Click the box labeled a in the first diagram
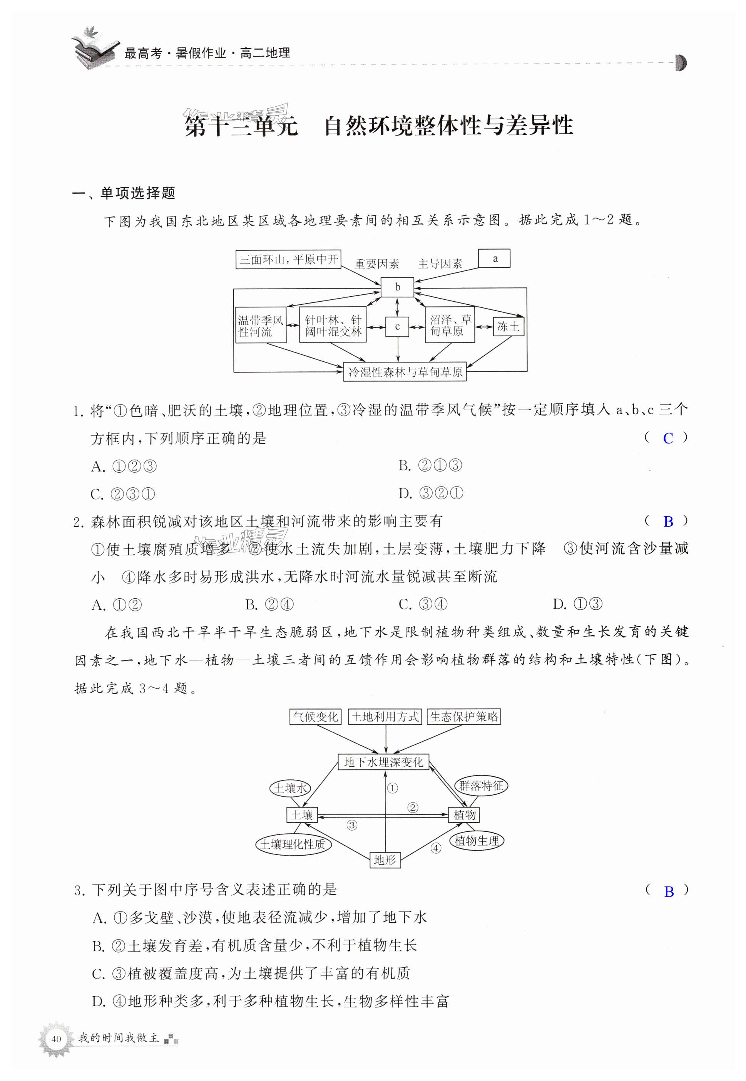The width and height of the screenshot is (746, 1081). pos(494,258)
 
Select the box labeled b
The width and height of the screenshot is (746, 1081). pos(397,287)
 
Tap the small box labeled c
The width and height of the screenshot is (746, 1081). pos(397,327)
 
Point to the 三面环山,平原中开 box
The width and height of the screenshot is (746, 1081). pos(288,259)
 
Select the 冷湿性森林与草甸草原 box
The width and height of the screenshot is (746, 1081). pos(405,372)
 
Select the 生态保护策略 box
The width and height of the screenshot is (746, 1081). pos(464,717)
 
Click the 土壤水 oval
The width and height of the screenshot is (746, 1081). pos(290,788)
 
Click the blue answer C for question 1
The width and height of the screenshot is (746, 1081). pos(668,438)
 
